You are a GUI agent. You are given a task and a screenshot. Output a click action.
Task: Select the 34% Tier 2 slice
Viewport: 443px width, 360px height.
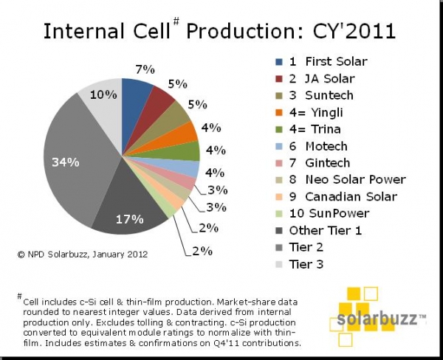[x=76, y=158]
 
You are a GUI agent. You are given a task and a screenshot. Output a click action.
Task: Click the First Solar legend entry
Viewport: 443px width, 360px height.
[x=321, y=61]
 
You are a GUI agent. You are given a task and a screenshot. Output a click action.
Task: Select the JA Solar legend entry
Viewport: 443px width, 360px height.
[x=315, y=78]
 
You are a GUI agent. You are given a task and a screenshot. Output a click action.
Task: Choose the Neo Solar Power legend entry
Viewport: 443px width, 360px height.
[x=340, y=179]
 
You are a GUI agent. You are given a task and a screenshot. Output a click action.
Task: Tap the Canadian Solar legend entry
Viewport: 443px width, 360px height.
[x=336, y=196]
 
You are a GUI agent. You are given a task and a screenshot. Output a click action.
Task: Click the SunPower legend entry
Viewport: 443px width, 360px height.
[x=322, y=213]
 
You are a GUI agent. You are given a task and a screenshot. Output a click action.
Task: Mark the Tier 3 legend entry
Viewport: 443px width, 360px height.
[x=299, y=265]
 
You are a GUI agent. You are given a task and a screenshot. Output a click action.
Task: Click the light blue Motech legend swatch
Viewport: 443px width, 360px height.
[x=279, y=146]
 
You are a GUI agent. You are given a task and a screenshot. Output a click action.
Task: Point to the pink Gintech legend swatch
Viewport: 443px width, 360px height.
[x=279, y=163]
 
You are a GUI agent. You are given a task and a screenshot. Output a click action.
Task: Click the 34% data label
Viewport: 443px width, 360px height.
[x=66, y=162]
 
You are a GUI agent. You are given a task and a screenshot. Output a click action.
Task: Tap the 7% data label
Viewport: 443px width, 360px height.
[x=145, y=69]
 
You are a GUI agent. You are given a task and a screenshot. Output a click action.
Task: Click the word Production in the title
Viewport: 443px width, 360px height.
[x=241, y=30]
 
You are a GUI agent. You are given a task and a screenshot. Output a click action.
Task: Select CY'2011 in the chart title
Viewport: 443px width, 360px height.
[x=354, y=30]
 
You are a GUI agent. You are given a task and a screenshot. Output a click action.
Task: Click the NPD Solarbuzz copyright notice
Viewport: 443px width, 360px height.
[x=83, y=255]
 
